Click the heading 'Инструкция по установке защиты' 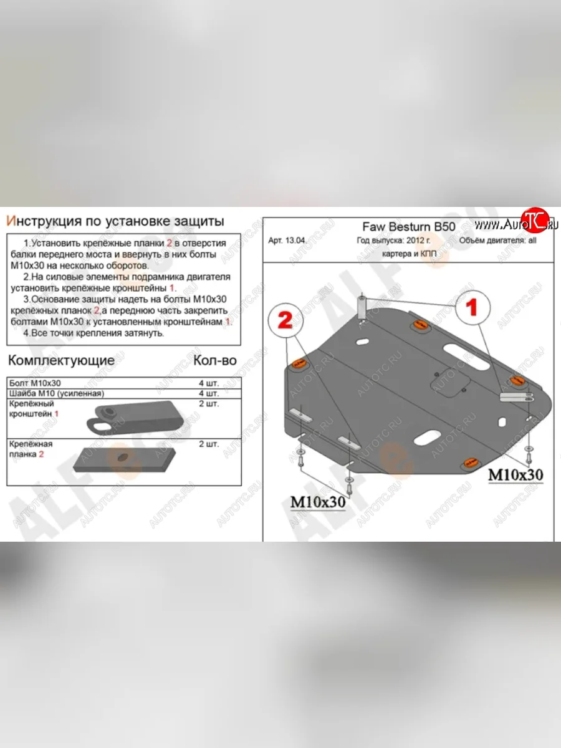[x=115, y=221]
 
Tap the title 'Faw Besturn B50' [x=408, y=227]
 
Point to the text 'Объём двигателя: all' [x=497, y=242]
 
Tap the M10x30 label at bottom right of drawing [x=515, y=474]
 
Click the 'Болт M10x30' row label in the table [x=35, y=383]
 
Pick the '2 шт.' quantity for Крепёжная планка [x=209, y=444]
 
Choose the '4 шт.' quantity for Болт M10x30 [x=209, y=383]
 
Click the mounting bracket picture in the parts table [x=134, y=418]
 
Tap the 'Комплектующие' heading [x=61, y=360]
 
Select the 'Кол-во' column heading [x=215, y=360]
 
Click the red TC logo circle [x=534, y=219]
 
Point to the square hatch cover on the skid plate [x=449, y=382]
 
